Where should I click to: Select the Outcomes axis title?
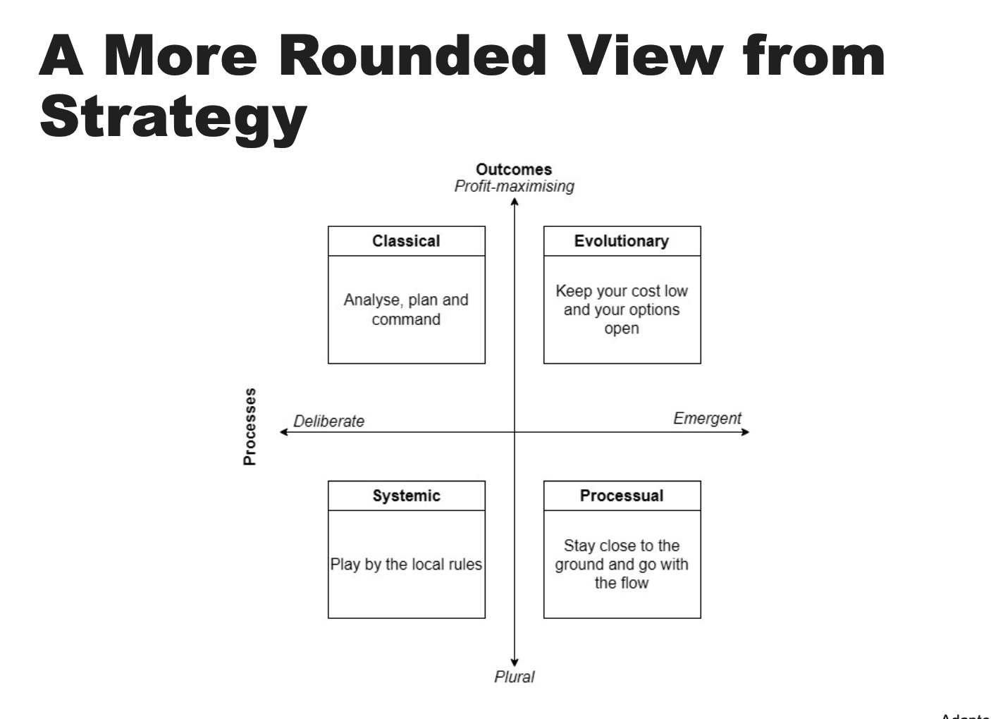(514, 169)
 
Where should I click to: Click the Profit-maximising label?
(514, 186)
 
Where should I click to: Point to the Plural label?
(514, 677)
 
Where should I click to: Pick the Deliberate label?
(328, 422)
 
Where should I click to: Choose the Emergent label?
(707, 418)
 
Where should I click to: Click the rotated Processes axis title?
(250, 426)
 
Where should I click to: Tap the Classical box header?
(406, 241)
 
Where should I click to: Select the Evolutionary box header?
(622, 241)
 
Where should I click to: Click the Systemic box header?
(406, 496)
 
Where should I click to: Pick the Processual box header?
(622, 496)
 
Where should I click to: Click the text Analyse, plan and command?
(406, 309)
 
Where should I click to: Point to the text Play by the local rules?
(406, 565)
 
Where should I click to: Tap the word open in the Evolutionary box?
(622, 328)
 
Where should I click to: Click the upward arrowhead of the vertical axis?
(515, 202)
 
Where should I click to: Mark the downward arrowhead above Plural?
(515, 662)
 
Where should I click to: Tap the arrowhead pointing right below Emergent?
(746, 431)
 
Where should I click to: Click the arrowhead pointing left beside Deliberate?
(283, 431)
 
